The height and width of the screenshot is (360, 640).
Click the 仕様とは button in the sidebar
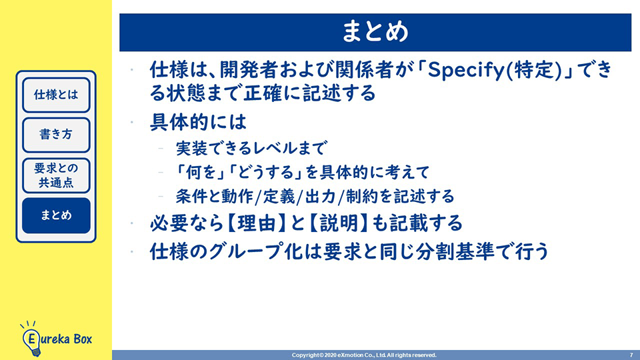(x=56, y=95)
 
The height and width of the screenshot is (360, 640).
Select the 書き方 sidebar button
(x=56, y=135)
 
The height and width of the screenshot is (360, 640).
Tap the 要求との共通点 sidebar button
(x=56, y=175)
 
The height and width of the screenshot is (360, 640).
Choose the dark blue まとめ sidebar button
(x=56, y=215)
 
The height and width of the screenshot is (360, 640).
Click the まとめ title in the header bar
(x=375, y=32)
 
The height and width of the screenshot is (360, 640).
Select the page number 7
(x=631, y=355)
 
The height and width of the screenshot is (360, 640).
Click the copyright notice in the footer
(x=364, y=355)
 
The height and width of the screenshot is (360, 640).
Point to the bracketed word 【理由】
(x=256, y=223)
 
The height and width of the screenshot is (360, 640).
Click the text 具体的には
(x=199, y=121)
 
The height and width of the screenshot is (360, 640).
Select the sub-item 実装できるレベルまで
(x=251, y=148)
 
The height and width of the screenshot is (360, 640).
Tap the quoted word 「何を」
(x=199, y=172)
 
